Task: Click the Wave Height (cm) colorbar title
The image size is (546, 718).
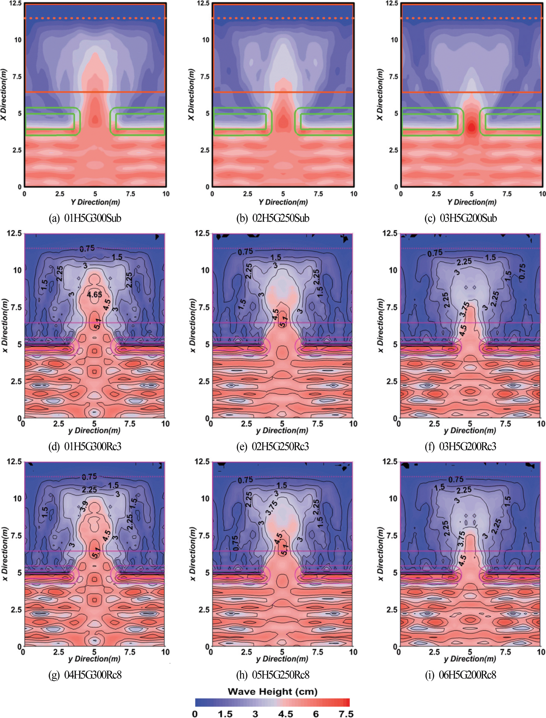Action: pyautogui.click(x=272, y=691)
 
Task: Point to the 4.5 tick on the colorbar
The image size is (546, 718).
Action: pyautogui.click(x=285, y=713)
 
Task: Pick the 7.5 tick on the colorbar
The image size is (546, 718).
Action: pyautogui.click(x=346, y=713)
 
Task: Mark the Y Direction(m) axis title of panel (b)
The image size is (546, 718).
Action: pyautogui.click(x=283, y=202)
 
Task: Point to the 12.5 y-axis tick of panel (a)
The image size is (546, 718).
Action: pyautogui.click(x=15, y=3)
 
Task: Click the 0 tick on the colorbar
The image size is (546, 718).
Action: pyautogui.click(x=195, y=713)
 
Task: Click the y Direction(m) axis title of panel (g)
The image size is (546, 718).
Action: pyautogui.click(x=94, y=659)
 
